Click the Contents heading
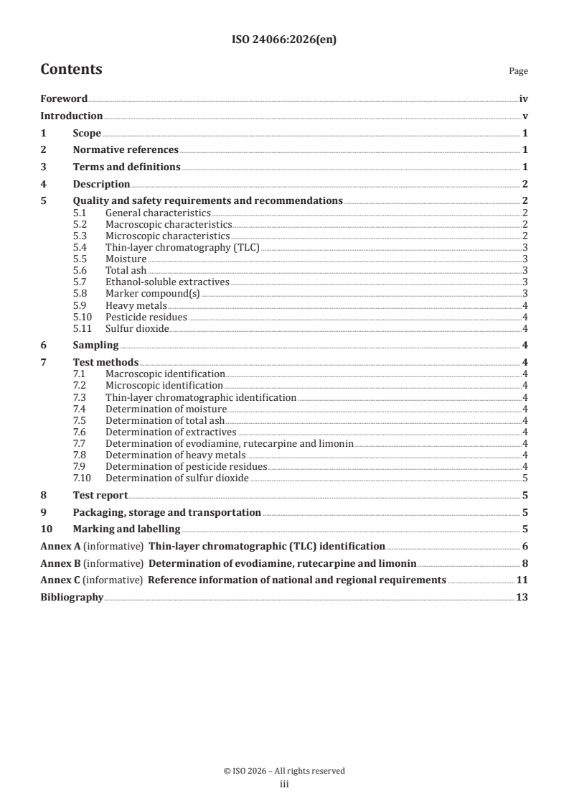click(x=71, y=70)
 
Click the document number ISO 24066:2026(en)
click(x=284, y=40)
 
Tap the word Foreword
click(x=64, y=99)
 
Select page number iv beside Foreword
click(x=523, y=99)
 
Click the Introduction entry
click(x=71, y=116)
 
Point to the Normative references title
click(x=126, y=150)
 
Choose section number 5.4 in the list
click(x=80, y=247)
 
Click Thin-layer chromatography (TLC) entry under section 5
click(x=182, y=247)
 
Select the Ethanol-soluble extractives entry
click(x=167, y=282)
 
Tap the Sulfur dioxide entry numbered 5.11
click(x=137, y=328)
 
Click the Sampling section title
click(x=95, y=345)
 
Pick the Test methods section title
click(x=105, y=363)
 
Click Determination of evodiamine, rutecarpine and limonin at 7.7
click(x=229, y=444)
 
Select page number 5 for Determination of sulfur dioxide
click(x=526, y=478)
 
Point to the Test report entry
click(x=100, y=495)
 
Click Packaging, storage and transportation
click(x=166, y=513)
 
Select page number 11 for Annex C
click(x=522, y=580)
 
